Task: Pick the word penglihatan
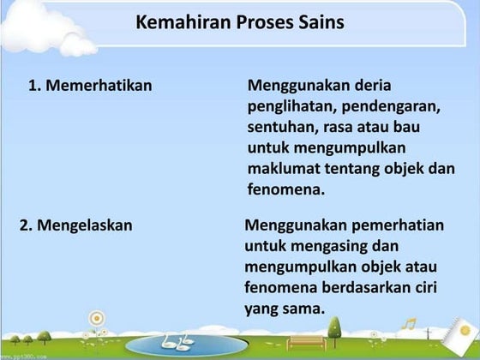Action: click(x=293, y=107)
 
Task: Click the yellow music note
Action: click(x=411, y=325)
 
